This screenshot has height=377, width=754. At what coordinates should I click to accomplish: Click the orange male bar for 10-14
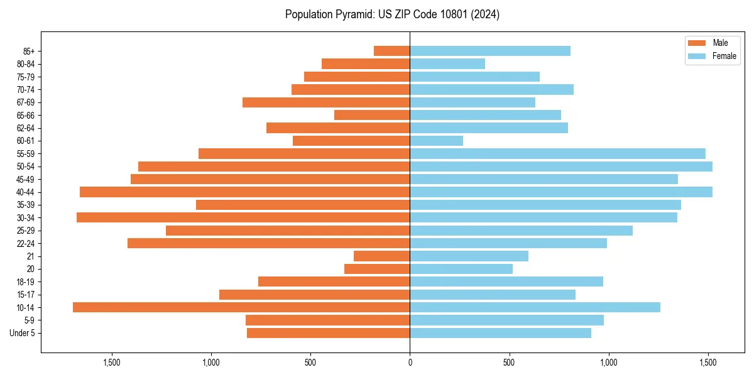pos(241,307)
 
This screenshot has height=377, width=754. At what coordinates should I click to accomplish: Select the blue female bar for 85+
pos(490,51)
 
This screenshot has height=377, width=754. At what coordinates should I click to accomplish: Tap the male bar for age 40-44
pos(245,192)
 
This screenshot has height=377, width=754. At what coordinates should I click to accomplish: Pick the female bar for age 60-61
pos(436,141)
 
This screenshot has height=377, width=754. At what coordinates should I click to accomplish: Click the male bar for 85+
pos(391,51)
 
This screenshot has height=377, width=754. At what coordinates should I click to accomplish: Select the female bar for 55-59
pos(557,153)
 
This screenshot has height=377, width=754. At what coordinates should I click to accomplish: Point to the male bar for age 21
pos(381,256)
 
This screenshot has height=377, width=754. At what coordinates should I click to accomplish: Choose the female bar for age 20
pos(461,269)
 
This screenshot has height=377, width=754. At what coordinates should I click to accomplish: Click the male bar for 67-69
pos(326,102)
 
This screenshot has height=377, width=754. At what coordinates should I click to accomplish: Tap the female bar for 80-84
pos(447,63)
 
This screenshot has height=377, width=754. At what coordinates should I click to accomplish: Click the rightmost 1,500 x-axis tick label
pos(708,363)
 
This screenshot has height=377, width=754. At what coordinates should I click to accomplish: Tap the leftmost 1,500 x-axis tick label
pos(111,363)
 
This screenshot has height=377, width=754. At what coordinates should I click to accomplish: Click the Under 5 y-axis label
pos(22,333)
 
